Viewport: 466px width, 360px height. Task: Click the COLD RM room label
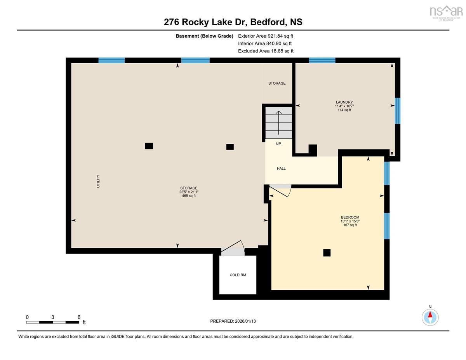[238, 275]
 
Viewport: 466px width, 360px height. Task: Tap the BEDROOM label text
[350, 217]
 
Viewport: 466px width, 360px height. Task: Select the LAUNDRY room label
[344, 102]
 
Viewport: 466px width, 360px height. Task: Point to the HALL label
[281, 169]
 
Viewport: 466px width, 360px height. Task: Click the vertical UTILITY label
[98, 181]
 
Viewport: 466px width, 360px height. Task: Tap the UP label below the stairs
[278, 144]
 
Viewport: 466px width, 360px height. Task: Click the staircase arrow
[278, 123]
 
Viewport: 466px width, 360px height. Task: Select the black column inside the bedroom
[327, 253]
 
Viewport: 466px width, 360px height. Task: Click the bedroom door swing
[280, 191]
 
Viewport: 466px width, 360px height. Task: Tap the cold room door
[233, 248]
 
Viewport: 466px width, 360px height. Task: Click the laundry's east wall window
[397, 111]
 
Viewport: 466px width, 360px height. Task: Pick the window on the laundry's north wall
[322, 60]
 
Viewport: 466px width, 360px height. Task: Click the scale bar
[53, 322]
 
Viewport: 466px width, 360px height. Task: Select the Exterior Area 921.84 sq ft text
[266, 36]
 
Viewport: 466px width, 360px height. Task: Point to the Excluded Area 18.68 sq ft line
[266, 51]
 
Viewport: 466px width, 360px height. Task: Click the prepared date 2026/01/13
[245, 321]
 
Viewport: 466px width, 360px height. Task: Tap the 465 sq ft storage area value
[189, 196]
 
